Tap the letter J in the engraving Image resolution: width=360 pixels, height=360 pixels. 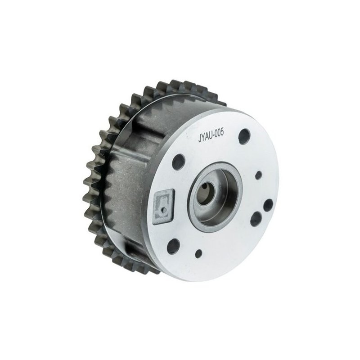199,139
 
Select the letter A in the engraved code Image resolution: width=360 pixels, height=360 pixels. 206,137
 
